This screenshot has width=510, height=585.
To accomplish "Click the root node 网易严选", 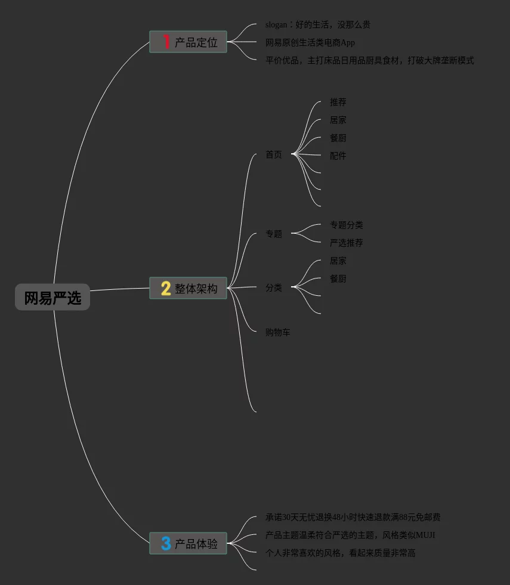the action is pos(52,297).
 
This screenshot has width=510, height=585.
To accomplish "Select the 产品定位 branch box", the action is pos(188,42).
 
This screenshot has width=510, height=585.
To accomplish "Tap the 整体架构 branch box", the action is pos(188,288).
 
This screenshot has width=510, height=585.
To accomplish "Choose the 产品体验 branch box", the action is pos(188,543).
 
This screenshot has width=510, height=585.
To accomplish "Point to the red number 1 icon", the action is pos(166,42).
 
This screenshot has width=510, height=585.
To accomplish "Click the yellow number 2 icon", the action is pos(166,288).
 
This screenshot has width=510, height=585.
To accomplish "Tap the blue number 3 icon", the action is pos(166,543).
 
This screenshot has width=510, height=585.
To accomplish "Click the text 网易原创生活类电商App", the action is pos(310,42).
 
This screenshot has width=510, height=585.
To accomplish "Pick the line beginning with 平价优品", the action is pos(369,60).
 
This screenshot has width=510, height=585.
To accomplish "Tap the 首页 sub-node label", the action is pos(273,154).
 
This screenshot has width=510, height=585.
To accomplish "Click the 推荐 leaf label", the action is pos(338,102).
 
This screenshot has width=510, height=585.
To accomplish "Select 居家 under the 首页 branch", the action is pos(338,120).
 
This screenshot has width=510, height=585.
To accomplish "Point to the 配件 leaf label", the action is pos(338,156).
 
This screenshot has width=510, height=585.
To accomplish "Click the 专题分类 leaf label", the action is pos(346,225).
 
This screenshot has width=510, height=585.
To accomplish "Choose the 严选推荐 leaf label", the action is pos(346,243).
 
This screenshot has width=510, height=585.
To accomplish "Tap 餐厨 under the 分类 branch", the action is pos(338,278).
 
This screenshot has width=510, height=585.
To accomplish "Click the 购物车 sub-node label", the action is pos(277,332).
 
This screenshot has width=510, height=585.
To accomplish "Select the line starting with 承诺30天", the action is pos(353,517).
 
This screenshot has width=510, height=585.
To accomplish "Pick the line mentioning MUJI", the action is pos(350,535).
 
